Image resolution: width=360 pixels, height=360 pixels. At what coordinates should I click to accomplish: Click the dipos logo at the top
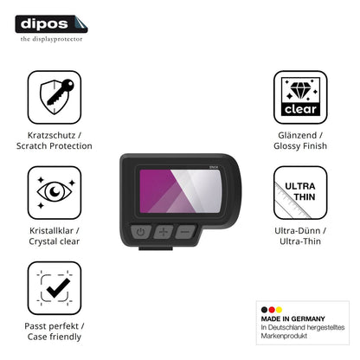tap(51, 24)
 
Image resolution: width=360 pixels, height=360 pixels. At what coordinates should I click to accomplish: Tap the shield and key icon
tap(55, 97)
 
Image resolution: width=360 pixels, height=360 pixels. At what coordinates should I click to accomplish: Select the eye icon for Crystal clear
tap(55, 192)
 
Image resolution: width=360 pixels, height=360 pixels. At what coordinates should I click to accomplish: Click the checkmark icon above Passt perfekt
tap(55, 288)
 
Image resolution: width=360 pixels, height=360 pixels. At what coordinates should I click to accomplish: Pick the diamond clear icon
tap(300, 97)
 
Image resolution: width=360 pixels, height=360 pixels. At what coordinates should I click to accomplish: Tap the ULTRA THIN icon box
tap(300, 192)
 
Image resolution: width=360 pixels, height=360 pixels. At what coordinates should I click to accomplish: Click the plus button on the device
tap(164, 232)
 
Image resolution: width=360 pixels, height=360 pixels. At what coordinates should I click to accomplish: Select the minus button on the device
tap(185, 232)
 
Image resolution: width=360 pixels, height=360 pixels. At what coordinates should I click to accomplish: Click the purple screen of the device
tap(181, 191)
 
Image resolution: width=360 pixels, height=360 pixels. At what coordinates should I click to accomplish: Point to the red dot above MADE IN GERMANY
tap(272, 310)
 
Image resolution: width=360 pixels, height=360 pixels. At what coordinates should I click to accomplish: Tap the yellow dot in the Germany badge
tap(279, 310)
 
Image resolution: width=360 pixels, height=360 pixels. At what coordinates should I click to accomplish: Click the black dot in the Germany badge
tap(264, 310)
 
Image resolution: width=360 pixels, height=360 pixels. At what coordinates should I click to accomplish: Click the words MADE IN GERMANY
tap(292, 318)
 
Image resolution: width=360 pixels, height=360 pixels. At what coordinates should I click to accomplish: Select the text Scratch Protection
tap(55, 146)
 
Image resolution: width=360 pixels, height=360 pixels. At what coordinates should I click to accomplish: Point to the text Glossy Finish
tap(300, 146)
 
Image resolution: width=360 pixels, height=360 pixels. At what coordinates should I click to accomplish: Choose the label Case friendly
tap(55, 337)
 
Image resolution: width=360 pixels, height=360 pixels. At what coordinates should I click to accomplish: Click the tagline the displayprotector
tap(51, 39)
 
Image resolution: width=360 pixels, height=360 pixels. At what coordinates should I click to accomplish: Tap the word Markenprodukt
tap(284, 336)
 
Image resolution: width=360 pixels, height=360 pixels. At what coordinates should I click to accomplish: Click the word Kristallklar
tap(51, 231)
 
